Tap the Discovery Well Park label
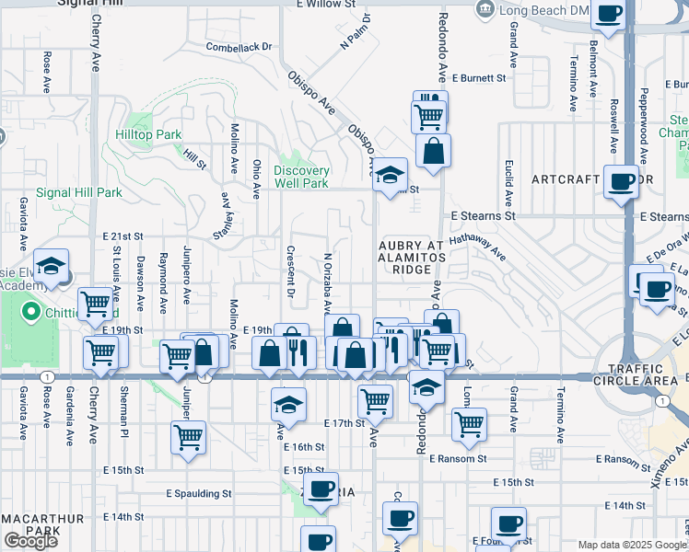[301, 177]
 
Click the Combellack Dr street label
[239, 46]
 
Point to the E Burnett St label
[479, 78]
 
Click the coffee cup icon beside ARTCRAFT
[622, 180]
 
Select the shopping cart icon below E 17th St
[188, 438]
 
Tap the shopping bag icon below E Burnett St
[433, 150]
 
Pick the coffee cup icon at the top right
[608, 13]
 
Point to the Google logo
[30, 541]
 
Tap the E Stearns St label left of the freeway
[483, 216]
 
